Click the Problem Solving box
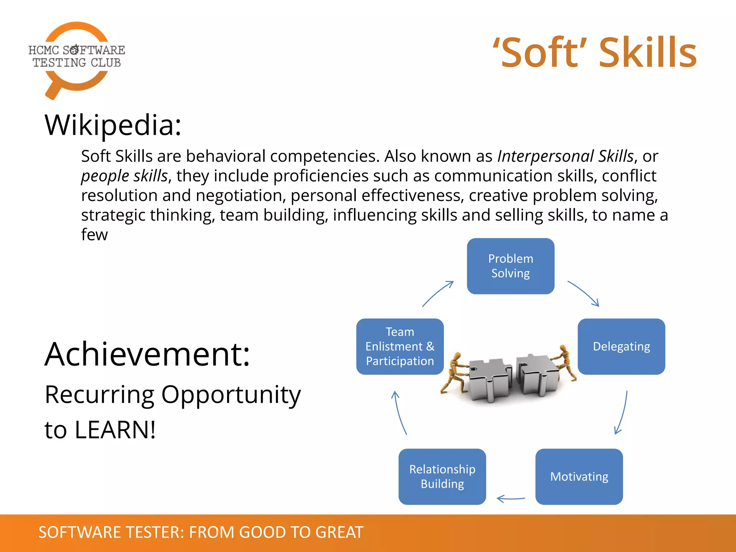coord(510,266)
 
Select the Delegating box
coord(621,346)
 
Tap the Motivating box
coord(579,477)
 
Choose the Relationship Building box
coord(442,477)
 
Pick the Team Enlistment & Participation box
coord(400,346)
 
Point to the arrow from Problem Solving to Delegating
coord(584,293)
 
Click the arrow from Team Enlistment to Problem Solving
coord(437,294)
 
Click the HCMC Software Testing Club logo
coord(77,57)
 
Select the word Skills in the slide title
coord(648,53)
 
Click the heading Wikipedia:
coord(113,125)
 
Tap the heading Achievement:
coord(147,354)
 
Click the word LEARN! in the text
coord(115,430)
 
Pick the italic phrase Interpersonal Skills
coord(565,156)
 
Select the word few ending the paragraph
coord(94,234)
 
